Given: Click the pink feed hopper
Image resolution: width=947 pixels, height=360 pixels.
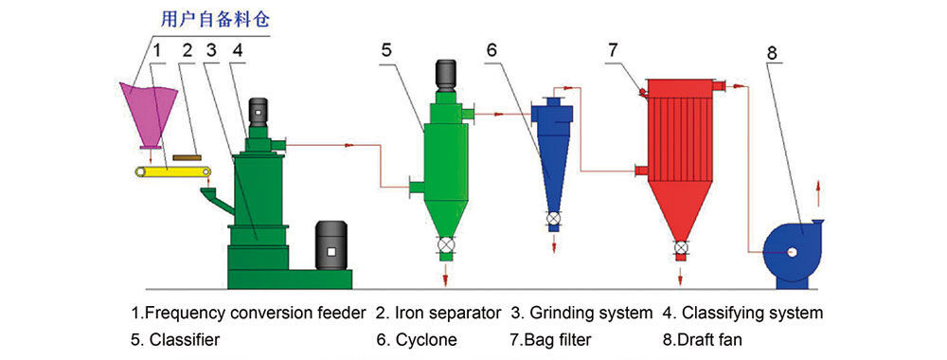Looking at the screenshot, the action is [149, 115].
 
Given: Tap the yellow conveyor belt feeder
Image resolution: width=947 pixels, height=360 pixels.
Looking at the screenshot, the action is [172, 172].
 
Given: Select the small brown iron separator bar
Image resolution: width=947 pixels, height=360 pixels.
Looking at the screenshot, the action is [187, 157].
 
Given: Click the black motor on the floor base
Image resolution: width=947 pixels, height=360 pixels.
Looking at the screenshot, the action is [331, 245].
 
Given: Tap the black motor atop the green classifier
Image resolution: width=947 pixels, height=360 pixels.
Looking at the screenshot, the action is [447, 76].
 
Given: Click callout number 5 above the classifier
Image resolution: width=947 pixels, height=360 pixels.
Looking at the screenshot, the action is [386, 50].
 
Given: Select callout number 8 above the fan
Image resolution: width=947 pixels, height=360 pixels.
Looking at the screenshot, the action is [773, 52].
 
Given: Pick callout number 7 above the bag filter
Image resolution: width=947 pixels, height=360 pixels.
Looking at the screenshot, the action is [613, 50].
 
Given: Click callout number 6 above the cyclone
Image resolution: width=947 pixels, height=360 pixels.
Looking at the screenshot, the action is [491, 50].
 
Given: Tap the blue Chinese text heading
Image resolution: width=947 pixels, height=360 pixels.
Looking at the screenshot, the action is [215, 20].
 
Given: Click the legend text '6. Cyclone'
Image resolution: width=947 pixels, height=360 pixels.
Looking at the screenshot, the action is [416, 339].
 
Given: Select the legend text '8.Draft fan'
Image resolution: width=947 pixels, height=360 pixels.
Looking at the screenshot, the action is [702, 339].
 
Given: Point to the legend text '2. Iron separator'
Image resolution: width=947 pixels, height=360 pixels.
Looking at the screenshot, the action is [438, 313].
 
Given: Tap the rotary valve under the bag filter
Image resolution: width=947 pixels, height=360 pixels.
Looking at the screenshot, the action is [681, 247].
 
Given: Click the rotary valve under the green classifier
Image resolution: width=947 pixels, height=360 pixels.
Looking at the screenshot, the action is [446, 244].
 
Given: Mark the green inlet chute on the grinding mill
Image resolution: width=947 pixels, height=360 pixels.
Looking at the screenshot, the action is [216, 200].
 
